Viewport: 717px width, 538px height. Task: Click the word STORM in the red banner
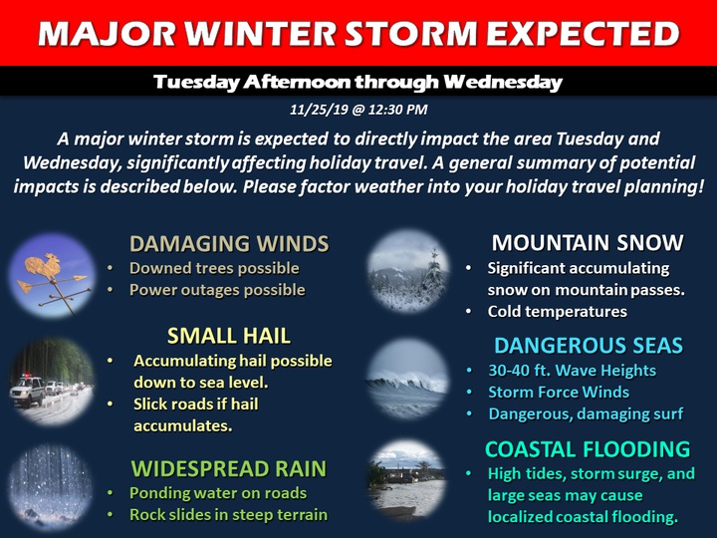[x=410, y=34]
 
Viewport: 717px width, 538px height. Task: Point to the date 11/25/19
[x=319, y=110]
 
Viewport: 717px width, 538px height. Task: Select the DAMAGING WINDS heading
[x=229, y=243]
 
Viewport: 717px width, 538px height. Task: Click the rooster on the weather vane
[x=44, y=266]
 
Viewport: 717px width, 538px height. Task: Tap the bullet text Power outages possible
[x=217, y=290]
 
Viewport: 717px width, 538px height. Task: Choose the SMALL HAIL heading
[x=229, y=336]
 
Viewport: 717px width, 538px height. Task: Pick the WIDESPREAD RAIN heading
[x=229, y=469]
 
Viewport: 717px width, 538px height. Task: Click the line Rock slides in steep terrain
[x=228, y=515]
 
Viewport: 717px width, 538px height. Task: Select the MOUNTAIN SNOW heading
[x=588, y=242]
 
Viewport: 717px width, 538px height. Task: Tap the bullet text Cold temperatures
[x=557, y=312]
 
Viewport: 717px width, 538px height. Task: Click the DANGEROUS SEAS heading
[x=589, y=346]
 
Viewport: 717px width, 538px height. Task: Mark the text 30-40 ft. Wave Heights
[x=572, y=370]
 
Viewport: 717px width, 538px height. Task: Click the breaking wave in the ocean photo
[x=406, y=382]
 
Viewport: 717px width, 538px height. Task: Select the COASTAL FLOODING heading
[x=588, y=449]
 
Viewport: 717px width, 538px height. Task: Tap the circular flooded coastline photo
[x=407, y=479]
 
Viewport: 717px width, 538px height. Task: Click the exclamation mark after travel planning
[x=701, y=186]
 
